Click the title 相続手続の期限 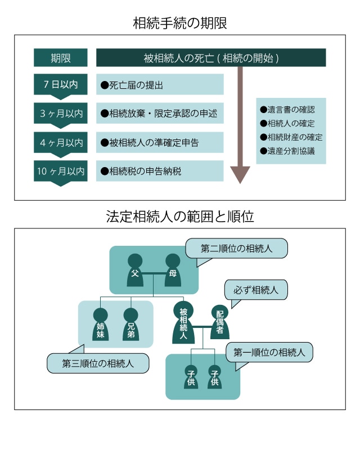pyautogui.click(x=180, y=24)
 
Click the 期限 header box pyautogui.click(x=61, y=58)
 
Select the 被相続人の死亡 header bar pyautogui.click(x=211, y=58)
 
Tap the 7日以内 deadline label pyautogui.click(x=61, y=85)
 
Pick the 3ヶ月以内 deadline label pyautogui.click(x=61, y=114)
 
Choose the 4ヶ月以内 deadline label pyautogui.click(x=61, y=142)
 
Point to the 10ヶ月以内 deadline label pyautogui.click(x=61, y=172)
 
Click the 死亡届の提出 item pyautogui.click(x=160, y=85)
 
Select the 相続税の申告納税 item pyautogui.click(x=160, y=171)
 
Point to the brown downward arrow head pyautogui.click(x=240, y=174)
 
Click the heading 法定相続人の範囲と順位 pyautogui.click(x=180, y=217)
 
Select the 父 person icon pyautogui.click(x=135, y=269)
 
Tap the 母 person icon pyautogui.click(x=173, y=269)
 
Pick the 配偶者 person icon pyautogui.click(x=219, y=322)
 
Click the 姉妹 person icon pyautogui.click(x=101, y=325)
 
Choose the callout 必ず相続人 pyautogui.click(x=256, y=291)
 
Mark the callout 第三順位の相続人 pyautogui.click(x=98, y=363)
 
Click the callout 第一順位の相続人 pyautogui.click(x=269, y=353)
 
